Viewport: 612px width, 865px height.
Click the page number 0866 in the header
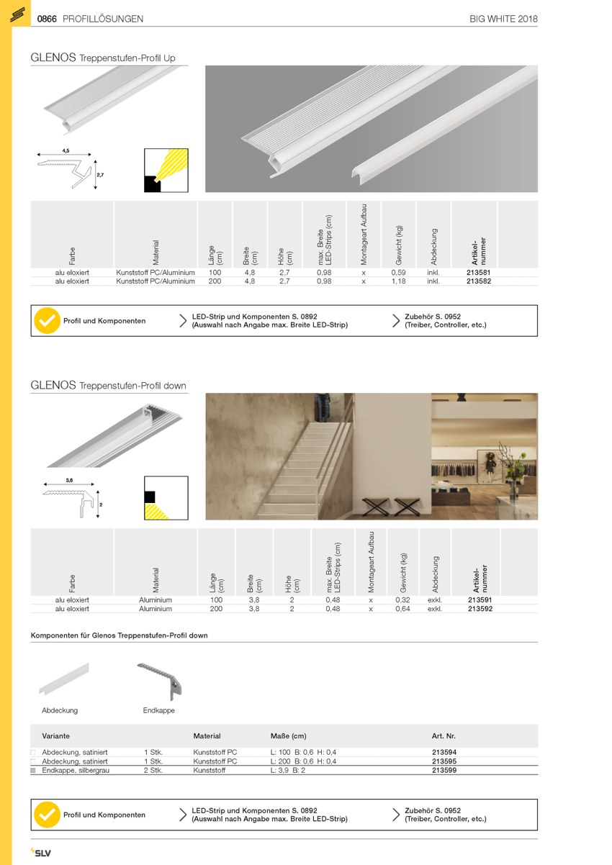coord(47,19)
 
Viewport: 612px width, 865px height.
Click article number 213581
coord(479,273)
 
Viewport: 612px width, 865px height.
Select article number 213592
coord(480,609)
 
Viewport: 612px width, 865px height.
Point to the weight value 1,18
coord(398,282)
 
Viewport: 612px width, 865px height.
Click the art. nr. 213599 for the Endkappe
coord(444,770)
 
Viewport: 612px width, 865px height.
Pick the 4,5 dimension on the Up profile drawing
coord(66,150)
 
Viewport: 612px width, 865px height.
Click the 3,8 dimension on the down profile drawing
coord(69,479)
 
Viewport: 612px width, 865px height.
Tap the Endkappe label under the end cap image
coord(158,710)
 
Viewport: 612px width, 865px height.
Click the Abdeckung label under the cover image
coord(60,710)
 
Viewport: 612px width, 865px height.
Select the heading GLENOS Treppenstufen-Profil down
coord(108,386)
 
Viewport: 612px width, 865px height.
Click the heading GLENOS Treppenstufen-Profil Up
coord(103,58)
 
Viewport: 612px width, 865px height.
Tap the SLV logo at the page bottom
coord(40,853)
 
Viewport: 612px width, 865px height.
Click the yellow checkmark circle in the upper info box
coord(48,321)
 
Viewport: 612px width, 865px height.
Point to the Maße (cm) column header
coord(288,736)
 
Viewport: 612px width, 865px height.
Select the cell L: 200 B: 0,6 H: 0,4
coord(303,761)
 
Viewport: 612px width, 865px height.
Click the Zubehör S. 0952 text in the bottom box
coord(433,810)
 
